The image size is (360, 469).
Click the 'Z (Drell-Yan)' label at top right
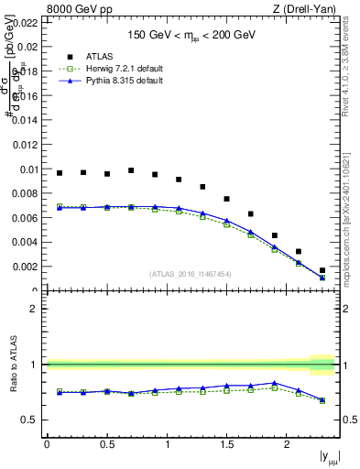pos(311,9)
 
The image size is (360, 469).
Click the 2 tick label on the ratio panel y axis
pos(37,309)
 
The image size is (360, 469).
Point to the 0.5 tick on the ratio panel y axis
pos(31,420)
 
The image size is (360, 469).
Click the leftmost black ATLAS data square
pos(60,172)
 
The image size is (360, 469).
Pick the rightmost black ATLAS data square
pos(322,270)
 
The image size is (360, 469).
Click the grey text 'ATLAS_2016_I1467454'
pos(190,274)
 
